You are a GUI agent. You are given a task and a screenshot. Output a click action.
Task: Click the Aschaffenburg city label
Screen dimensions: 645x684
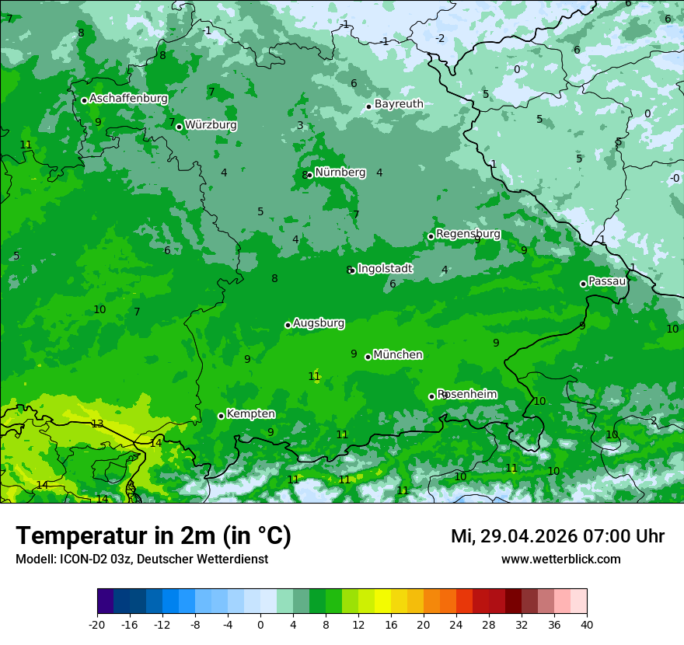[x=128, y=99]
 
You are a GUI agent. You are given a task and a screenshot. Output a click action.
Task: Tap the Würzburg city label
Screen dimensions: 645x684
[x=211, y=125]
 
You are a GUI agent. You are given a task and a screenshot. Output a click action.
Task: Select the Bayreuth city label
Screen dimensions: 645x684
[x=399, y=104]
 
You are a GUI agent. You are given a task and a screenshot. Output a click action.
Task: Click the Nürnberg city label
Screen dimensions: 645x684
[x=340, y=173]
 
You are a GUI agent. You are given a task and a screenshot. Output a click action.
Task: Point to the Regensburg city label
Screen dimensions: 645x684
[x=468, y=234]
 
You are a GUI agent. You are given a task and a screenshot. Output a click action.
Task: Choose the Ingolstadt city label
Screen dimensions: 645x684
[x=385, y=269]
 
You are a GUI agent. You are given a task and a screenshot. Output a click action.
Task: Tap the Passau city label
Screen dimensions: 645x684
[x=607, y=281]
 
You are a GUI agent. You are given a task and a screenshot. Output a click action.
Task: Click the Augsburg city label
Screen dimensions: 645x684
[x=319, y=323]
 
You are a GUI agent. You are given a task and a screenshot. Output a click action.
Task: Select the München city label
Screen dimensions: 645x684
[x=398, y=355]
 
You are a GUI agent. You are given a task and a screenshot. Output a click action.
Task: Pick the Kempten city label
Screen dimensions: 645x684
[x=250, y=414]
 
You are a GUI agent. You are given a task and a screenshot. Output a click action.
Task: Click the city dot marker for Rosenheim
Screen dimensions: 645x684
[x=431, y=396]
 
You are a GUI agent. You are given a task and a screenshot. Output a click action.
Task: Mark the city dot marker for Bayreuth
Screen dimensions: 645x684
[x=368, y=106]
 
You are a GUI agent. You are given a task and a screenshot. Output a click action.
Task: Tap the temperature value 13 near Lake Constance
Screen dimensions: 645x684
[x=97, y=424]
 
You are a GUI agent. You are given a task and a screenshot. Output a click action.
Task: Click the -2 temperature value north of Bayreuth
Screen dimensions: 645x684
[x=440, y=39]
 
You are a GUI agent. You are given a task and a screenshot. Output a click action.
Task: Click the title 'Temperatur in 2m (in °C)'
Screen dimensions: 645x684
[x=153, y=535]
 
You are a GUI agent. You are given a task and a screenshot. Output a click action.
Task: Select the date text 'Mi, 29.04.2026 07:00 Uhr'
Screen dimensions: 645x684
[x=557, y=536]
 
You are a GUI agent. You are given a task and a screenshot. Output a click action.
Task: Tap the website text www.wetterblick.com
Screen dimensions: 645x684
[x=560, y=559]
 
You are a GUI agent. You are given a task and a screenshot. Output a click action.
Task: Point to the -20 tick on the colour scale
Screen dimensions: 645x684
[x=97, y=625]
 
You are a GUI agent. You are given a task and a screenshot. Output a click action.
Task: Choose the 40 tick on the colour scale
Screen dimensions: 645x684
[x=586, y=625]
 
